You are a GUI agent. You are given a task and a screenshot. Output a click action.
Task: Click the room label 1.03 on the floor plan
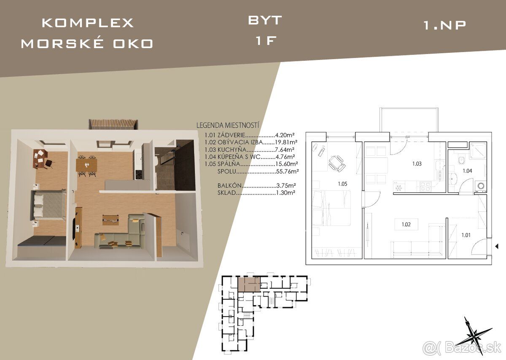pos(417,163)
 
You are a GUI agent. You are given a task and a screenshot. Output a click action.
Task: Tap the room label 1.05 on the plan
pos(342,184)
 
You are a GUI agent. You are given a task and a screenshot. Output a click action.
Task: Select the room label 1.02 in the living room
pos(406,225)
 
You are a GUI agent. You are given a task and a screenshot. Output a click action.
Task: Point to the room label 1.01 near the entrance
pos(466,235)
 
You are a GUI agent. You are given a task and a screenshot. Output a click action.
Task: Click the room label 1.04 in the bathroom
pos(467,171)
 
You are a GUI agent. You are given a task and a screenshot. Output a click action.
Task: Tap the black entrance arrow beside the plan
pos(497,246)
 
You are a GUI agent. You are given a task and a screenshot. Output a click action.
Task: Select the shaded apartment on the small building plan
pos(249,284)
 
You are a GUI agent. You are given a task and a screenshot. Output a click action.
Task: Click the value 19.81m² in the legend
pos(286,142)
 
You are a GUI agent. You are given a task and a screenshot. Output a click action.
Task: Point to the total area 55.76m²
pos(287,171)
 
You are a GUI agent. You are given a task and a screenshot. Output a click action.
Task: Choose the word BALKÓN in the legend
pos(229,186)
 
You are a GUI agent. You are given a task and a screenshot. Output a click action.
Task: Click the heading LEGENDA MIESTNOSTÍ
pos(228,125)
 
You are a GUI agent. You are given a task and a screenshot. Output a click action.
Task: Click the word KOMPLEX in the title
pos(88,23)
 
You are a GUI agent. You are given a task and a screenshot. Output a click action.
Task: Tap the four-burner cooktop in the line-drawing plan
pos(425,187)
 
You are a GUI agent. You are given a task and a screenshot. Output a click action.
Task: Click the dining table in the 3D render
pos(86,165)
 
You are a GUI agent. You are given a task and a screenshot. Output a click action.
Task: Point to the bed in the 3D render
pos(48,205)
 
